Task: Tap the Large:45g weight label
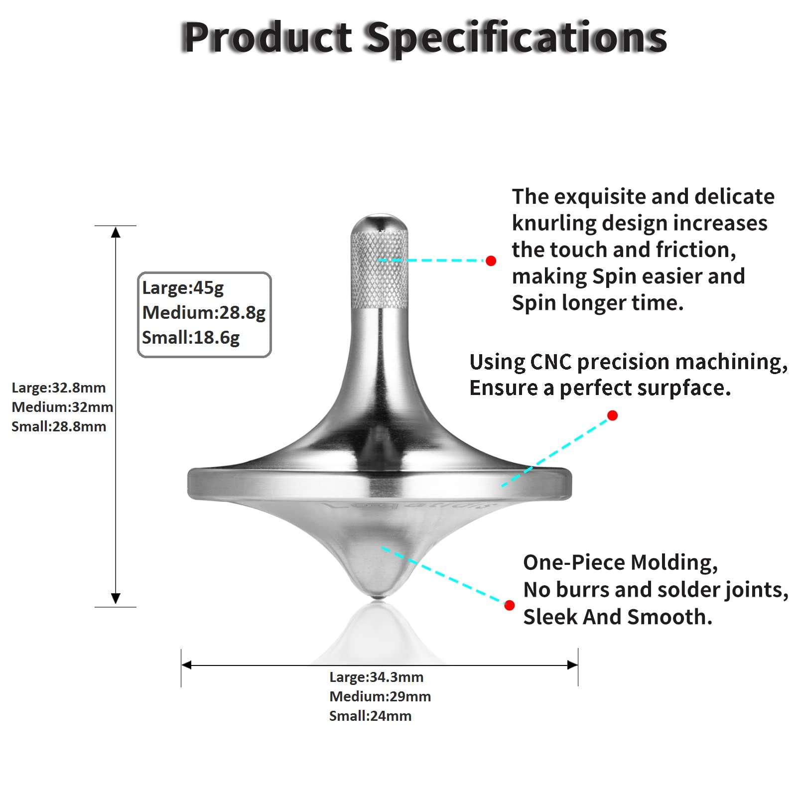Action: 183,288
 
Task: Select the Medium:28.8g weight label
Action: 204,313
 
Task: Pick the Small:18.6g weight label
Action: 191,338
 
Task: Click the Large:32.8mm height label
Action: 59,388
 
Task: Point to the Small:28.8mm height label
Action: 59,426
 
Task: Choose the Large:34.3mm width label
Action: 377,677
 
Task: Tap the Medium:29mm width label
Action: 380,696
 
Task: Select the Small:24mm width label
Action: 371,716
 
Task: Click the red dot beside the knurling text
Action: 491,261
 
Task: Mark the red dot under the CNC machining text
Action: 613,415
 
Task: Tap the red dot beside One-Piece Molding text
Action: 509,605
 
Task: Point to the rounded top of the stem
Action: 380,222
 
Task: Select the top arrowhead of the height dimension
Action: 116,232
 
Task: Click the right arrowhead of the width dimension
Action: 572,665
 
